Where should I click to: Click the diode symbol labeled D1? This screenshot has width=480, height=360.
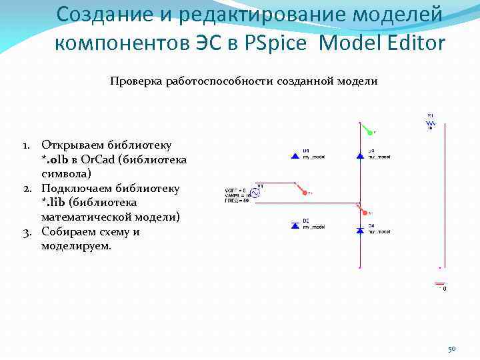click(295, 156)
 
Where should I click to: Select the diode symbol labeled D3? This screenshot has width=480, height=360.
click(360, 156)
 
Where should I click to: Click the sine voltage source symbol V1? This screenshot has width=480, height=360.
click(254, 193)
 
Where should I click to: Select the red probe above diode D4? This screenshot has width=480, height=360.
click(365, 211)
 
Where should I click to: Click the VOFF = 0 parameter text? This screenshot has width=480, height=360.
click(235, 191)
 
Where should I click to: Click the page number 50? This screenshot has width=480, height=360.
click(451, 349)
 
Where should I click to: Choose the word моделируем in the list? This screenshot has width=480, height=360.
click(77, 246)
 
